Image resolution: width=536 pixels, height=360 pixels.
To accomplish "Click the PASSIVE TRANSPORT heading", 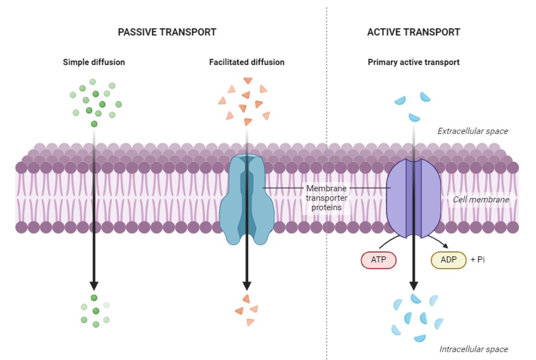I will click(x=167, y=32).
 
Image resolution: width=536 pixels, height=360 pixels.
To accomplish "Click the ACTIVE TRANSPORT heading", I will click(x=413, y=32).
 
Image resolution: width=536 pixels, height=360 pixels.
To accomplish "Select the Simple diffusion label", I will click(x=94, y=62).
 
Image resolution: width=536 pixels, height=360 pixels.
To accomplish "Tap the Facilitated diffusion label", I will click(x=246, y=62).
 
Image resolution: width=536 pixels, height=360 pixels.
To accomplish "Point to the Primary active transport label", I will click(x=413, y=62).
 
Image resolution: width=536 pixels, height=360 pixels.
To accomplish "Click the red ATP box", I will click(x=378, y=260).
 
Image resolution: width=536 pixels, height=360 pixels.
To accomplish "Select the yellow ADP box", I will click(x=448, y=260).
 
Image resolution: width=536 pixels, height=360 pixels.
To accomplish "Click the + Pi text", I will click(x=477, y=260).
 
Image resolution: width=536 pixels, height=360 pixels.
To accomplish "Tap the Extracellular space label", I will click(x=473, y=131).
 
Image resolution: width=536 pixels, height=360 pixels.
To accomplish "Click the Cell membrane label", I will click(x=481, y=200).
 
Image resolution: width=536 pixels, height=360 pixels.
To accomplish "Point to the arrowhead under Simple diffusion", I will click(x=94, y=285).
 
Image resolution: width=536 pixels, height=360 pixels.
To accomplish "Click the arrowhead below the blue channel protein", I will click(x=246, y=285).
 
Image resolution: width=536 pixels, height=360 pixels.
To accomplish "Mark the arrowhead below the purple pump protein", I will click(x=413, y=285).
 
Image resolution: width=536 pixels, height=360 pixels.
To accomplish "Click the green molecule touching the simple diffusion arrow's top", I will click(x=94, y=124).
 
